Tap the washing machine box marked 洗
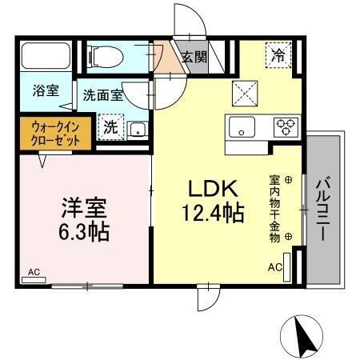point(109,126)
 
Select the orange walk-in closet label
point(50,131)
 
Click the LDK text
point(210,189)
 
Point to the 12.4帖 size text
point(210,214)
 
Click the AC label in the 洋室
point(34,273)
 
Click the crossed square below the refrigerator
point(242,93)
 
